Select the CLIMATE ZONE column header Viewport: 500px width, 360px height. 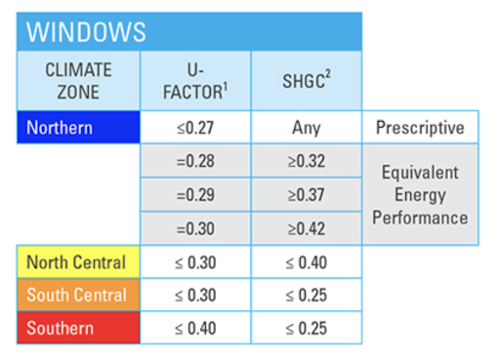pos(78,80)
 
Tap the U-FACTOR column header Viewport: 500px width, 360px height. pos(195,80)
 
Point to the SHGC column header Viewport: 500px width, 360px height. pos(306,80)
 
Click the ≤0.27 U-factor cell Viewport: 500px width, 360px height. pos(195,128)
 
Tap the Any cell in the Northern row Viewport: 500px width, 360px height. pos(306,128)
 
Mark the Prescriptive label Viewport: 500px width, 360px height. pos(420,128)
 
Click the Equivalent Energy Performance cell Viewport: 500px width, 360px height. pos(420,195)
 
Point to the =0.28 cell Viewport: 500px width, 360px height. pos(195,161)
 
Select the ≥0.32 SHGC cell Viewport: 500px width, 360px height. pos(306,161)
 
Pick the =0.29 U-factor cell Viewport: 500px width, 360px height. pos(195,195)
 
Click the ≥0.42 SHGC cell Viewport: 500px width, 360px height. pos(306,228)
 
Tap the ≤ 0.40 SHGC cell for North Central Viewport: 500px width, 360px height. pos(306,262)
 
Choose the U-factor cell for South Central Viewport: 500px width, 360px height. pos(195,295)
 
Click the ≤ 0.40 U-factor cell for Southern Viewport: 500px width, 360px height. pos(195,328)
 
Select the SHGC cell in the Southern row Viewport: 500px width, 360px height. pos(306,328)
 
